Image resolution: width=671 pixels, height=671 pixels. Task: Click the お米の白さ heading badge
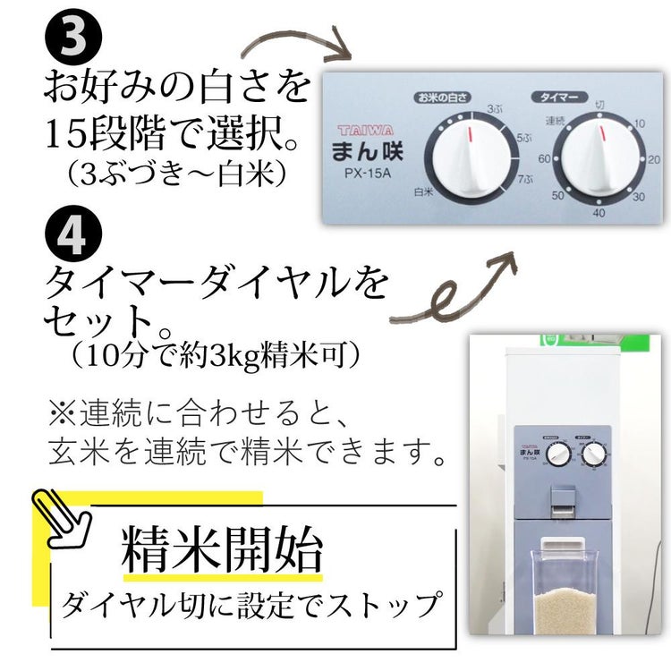coord(443,95)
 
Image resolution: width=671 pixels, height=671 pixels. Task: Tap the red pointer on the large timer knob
coord(601,135)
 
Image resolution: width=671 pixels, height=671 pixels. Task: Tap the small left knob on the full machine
coord(557,457)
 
